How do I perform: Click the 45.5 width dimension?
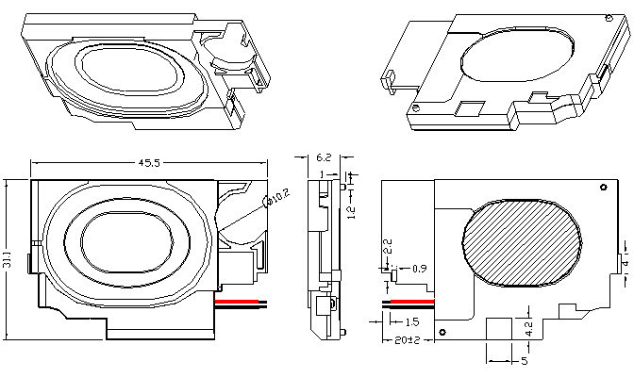click(x=149, y=163)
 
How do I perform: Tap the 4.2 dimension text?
click(x=530, y=329)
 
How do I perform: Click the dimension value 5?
click(x=524, y=359)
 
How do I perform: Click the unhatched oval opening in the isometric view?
click(x=519, y=58)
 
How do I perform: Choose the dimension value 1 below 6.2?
click(x=323, y=175)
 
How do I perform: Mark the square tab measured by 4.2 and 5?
click(x=501, y=330)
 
